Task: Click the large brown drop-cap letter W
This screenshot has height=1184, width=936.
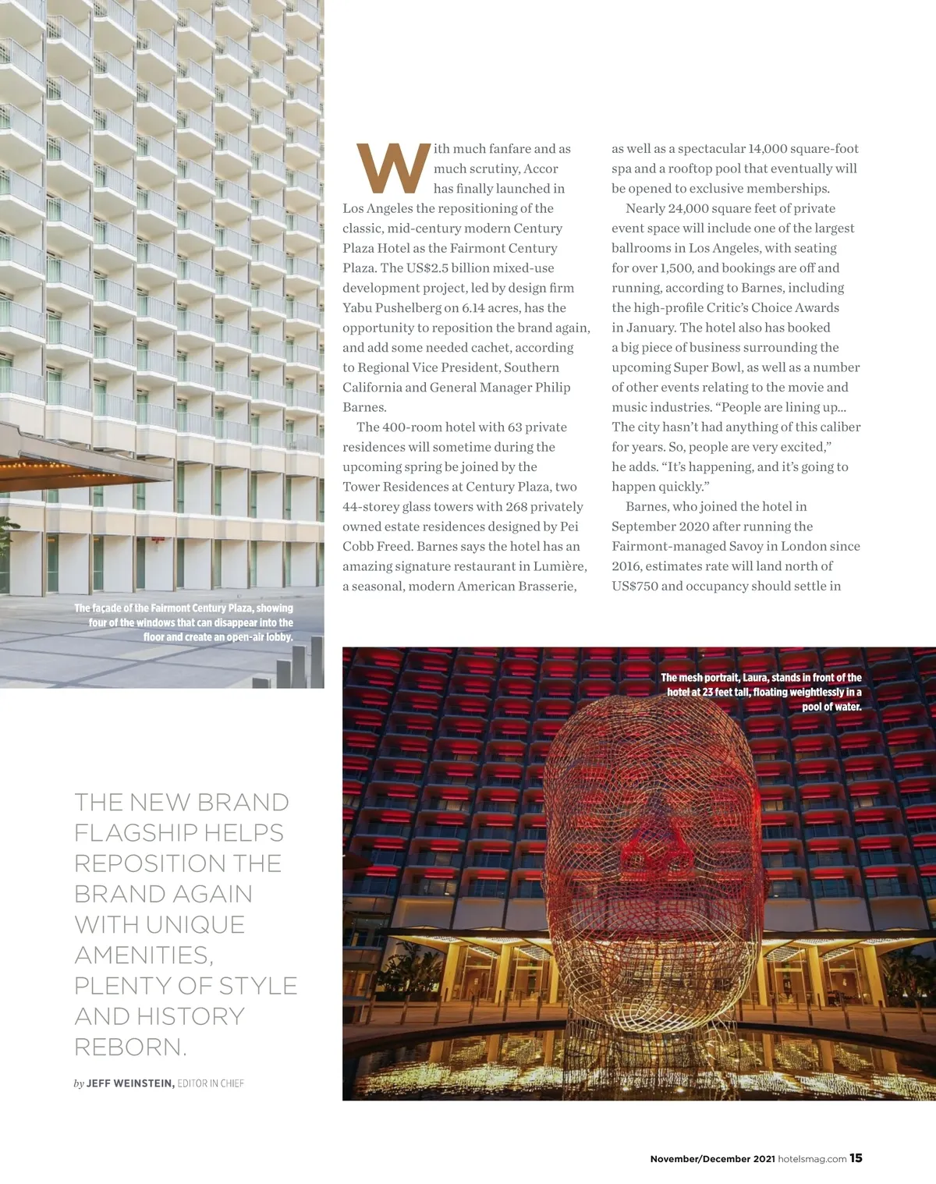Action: [393, 168]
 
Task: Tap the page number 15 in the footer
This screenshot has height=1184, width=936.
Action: [856, 1158]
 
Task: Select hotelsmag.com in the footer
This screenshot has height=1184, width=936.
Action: [812, 1159]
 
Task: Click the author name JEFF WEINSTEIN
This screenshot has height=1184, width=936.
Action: [129, 1083]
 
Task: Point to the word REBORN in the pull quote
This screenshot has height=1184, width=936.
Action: [127, 1047]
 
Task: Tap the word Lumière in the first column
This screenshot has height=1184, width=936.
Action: [559, 566]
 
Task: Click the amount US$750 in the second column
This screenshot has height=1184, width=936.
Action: [635, 587]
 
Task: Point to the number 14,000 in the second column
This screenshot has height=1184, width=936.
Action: [768, 149]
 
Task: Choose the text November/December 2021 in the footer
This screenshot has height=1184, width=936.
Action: [712, 1159]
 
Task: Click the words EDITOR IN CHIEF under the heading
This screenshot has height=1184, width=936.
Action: [211, 1083]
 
